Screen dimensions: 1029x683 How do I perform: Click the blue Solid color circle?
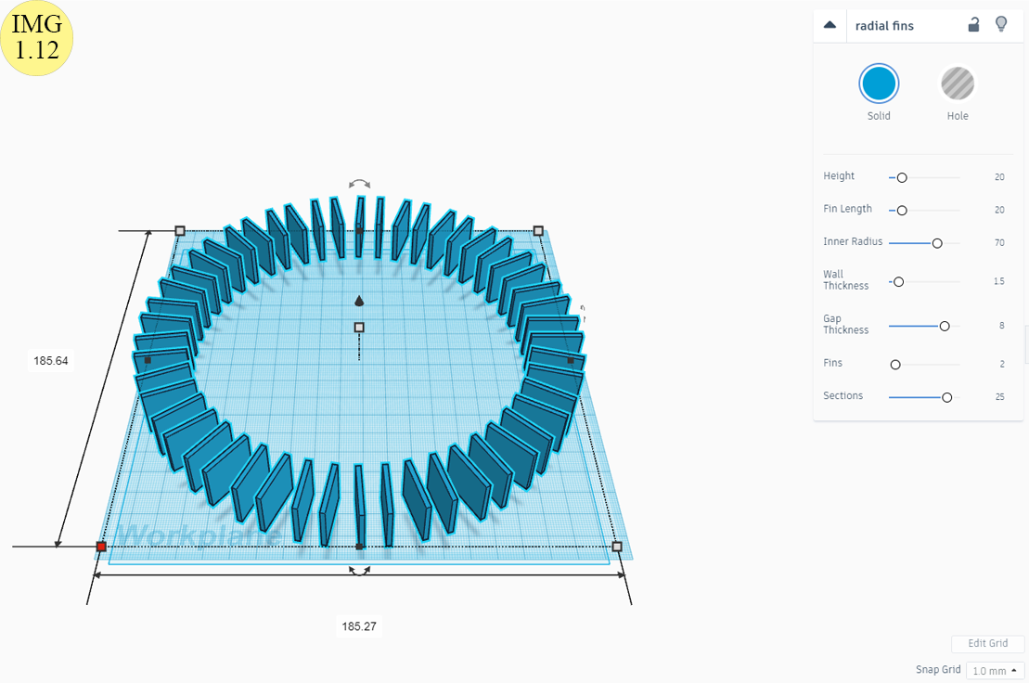click(878, 84)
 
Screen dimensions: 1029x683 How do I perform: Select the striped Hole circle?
click(958, 84)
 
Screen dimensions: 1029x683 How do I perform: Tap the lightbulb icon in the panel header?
click(1001, 25)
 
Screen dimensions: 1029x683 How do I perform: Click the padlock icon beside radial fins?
click(974, 25)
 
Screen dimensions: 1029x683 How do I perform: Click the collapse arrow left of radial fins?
click(830, 25)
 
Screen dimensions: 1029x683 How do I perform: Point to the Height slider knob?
click(902, 178)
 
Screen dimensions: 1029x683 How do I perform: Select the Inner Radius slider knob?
click(937, 243)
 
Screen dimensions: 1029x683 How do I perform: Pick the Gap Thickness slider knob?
click(945, 326)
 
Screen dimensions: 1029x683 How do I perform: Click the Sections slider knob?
click(947, 397)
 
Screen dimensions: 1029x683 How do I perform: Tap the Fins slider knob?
click(895, 365)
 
